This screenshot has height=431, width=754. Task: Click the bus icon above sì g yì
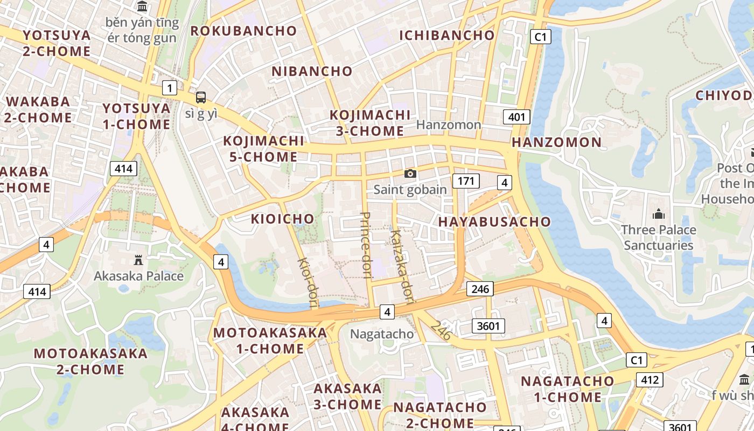[x=200, y=98]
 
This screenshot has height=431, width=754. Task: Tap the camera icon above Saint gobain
[x=410, y=173]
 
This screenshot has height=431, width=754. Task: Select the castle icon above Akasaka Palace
[x=138, y=260]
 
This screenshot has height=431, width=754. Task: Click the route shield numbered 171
[x=466, y=180]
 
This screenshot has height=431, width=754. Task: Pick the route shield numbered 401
[x=516, y=117]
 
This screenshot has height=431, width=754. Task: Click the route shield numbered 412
[x=650, y=380]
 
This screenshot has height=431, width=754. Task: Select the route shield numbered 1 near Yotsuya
[x=170, y=88]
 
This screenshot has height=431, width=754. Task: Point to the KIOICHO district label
[x=282, y=219]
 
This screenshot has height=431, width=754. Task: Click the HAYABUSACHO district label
[x=494, y=221]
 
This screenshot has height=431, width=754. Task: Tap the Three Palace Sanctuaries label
[x=658, y=238]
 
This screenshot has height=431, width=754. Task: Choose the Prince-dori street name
[x=365, y=245]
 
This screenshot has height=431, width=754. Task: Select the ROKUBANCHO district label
[x=243, y=31]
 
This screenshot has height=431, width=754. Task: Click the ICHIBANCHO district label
[x=446, y=36]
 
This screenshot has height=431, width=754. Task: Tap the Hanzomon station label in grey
[x=449, y=125]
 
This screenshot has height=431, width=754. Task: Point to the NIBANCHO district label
[x=312, y=71]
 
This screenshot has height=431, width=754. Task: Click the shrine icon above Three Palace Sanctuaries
[x=658, y=214]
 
